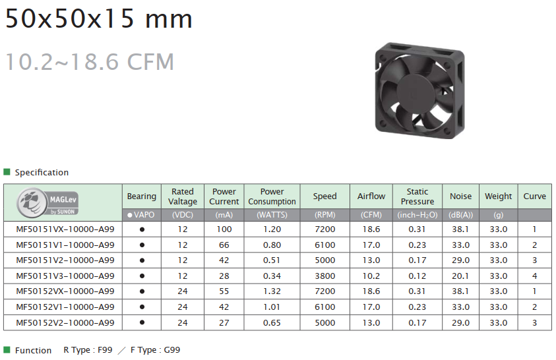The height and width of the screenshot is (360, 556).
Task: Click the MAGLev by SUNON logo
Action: (x=47, y=202)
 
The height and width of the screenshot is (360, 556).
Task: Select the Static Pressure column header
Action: (x=417, y=196)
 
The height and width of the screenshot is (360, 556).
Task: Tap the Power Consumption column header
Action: (x=272, y=196)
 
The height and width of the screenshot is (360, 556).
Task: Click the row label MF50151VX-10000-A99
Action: (x=65, y=229)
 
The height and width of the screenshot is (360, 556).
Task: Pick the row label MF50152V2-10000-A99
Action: (x=65, y=323)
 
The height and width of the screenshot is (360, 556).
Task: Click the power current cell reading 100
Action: (x=224, y=229)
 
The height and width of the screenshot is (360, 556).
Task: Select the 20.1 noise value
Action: (x=460, y=276)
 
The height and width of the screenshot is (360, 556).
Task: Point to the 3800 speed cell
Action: (x=324, y=276)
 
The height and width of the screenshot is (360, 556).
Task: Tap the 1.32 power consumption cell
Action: (x=272, y=291)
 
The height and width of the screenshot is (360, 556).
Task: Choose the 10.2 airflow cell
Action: (x=371, y=276)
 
